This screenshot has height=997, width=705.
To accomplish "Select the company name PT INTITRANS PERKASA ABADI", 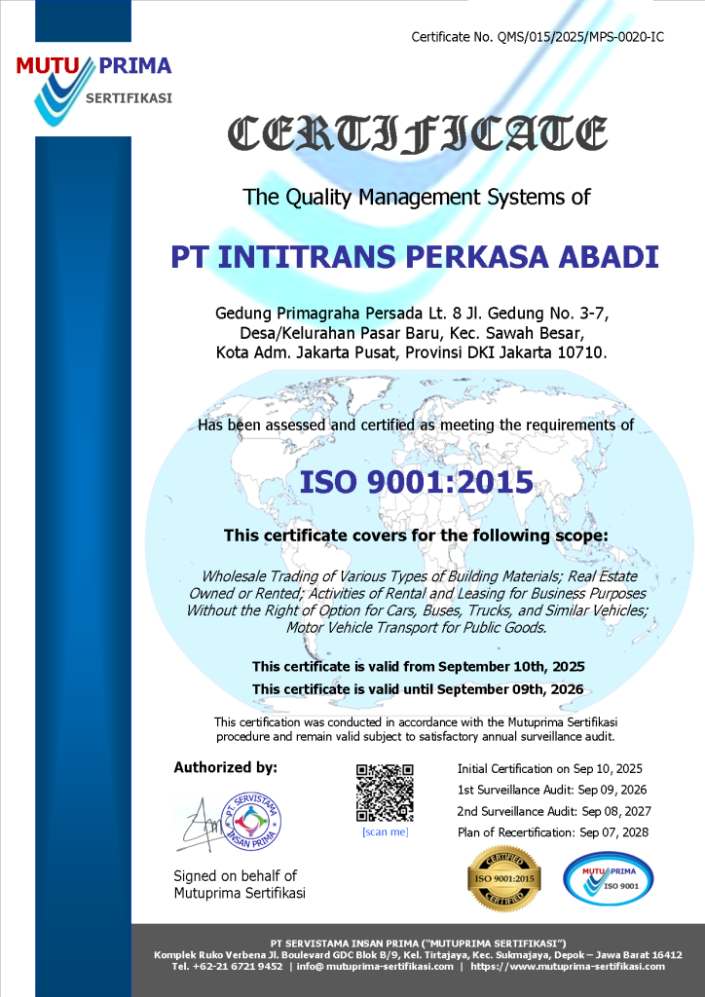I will (416, 257).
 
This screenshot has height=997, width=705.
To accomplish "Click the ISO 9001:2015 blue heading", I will (416, 482).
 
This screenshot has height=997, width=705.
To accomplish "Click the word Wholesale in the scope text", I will (236, 576).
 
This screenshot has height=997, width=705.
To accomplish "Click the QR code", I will (385, 793).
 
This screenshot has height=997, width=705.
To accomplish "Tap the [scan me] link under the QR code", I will (385, 831).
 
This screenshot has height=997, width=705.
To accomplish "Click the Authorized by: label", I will (225, 767).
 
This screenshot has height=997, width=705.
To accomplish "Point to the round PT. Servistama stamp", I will (250, 820).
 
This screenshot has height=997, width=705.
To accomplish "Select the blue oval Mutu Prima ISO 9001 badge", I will (609, 879).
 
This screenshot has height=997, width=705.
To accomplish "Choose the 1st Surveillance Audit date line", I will (551, 790).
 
